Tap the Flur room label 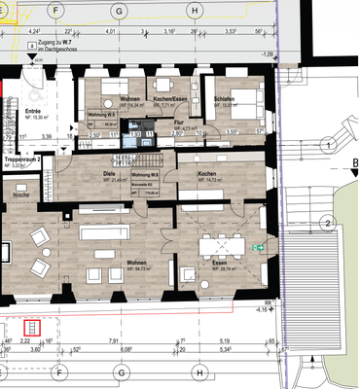[x=178, y=123]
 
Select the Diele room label [x=109, y=175]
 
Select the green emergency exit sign [x=259, y=249]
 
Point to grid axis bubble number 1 [x=329, y=145]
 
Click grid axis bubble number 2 [x=329, y=223]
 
